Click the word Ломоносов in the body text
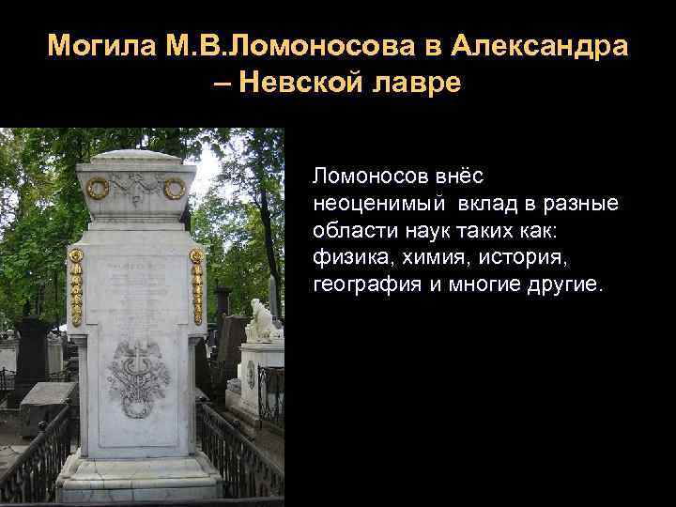371,176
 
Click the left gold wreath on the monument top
98,188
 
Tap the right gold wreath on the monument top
175,189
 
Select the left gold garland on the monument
76,286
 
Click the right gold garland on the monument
196,286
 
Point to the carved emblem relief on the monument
138,376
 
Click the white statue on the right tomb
261,320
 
